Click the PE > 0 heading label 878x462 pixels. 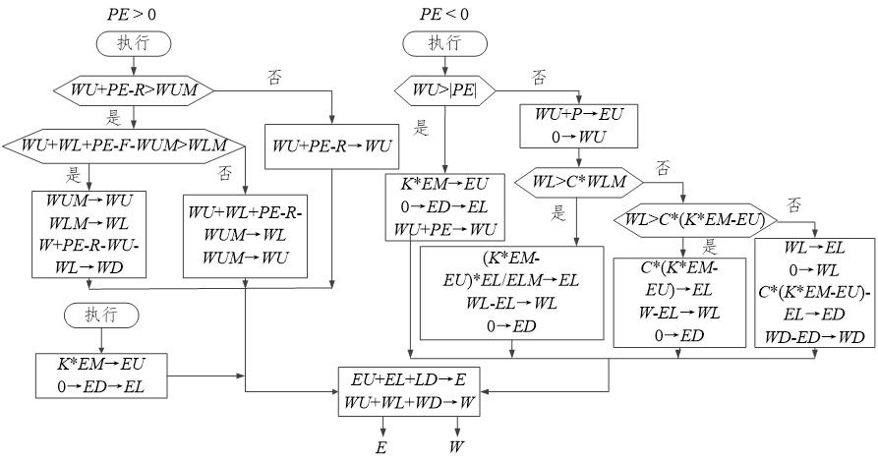(x=133, y=14)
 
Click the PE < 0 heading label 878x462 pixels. (x=443, y=14)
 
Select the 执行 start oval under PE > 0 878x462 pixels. (x=133, y=45)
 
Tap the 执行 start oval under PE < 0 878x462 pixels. (x=443, y=44)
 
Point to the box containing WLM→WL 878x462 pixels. (x=88, y=233)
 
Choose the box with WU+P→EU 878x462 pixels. (x=579, y=123)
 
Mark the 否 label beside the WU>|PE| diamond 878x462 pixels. (x=538, y=76)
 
